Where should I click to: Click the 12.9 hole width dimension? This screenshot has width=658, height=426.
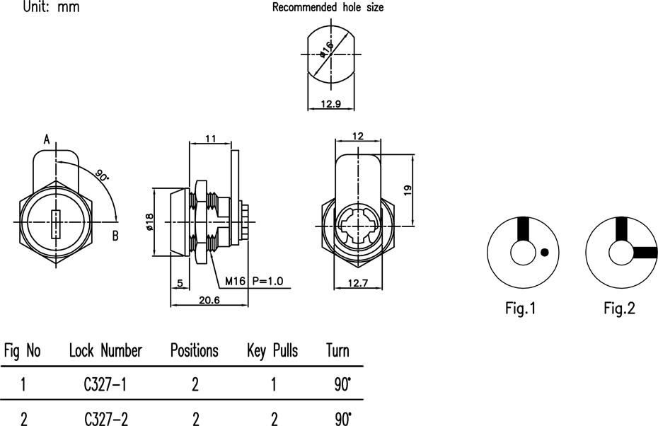click(x=330, y=103)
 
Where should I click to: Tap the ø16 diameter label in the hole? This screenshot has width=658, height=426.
click(x=326, y=50)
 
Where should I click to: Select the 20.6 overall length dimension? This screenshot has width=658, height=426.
click(x=209, y=300)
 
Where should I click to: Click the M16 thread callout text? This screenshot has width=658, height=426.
click(x=235, y=281)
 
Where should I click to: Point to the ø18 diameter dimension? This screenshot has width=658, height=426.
click(x=149, y=222)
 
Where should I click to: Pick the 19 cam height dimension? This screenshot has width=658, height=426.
click(x=408, y=190)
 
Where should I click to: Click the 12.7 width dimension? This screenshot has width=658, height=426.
click(x=358, y=283)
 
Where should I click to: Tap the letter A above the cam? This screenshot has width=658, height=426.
click(x=47, y=139)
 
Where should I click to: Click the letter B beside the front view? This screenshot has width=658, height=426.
click(x=115, y=236)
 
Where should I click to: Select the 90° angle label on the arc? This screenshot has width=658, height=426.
click(x=102, y=175)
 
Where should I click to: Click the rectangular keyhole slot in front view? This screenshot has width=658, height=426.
click(x=56, y=224)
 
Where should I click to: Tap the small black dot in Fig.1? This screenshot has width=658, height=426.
click(x=544, y=252)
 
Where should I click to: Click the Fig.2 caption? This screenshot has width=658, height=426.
click(x=619, y=309)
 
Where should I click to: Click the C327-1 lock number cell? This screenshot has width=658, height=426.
click(x=105, y=384)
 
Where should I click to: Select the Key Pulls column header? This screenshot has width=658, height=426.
click(x=272, y=351)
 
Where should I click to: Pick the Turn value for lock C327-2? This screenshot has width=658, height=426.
click(x=343, y=418)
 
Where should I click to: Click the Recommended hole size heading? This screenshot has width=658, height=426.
click(x=328, y=7)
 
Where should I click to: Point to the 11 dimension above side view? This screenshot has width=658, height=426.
click(x=210, y=139)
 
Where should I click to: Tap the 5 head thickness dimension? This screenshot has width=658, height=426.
click(x=180, y=283)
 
